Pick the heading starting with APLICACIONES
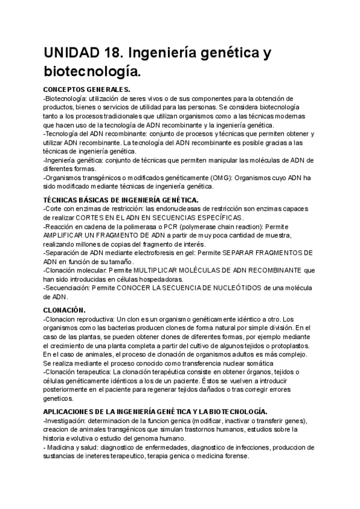tap(155, 412)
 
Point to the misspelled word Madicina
tap(64, 447)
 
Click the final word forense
tap(233, 456)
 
